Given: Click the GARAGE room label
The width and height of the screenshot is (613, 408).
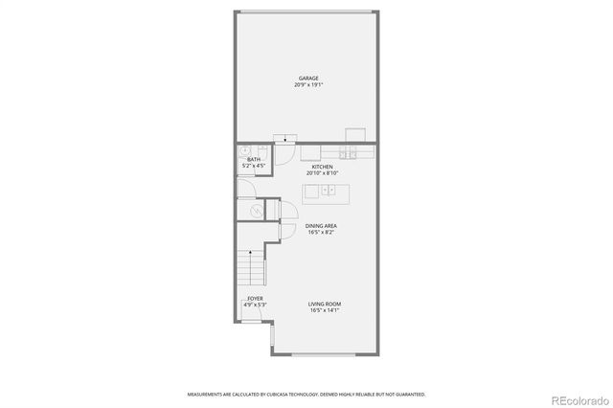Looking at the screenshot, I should [307, 79].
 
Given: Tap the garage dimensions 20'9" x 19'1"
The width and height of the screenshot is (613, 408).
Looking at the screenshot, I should [307, 85].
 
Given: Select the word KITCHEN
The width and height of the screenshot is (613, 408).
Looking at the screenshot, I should [322, 167].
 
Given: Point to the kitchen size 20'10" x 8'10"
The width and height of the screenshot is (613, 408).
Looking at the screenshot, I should [322, 173].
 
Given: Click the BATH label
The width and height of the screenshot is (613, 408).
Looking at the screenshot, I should [253, 160].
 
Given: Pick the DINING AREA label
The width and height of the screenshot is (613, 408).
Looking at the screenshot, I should [322, 226].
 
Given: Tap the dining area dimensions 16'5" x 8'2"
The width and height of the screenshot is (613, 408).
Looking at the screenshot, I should [322, 233].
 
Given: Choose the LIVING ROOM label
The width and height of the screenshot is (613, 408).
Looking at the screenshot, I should [325, 305].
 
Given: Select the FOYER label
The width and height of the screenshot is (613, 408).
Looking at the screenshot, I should [255, 299].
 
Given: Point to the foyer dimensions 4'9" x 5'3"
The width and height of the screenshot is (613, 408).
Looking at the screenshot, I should [255, 306].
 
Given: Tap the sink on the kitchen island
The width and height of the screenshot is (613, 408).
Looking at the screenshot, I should [329, 192].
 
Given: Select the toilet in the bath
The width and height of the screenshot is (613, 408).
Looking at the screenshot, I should [246, 150].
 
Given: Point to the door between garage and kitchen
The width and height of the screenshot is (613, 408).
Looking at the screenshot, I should [285, 140].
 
